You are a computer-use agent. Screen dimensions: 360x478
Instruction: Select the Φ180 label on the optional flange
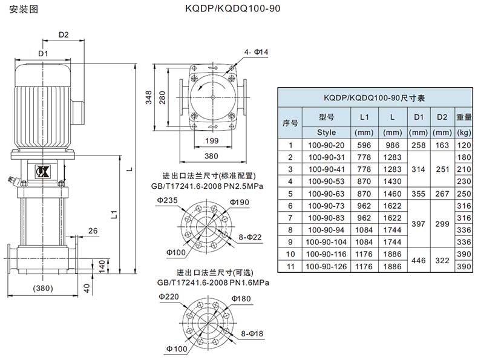point(241,299)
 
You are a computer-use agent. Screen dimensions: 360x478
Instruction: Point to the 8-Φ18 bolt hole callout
point(249,333)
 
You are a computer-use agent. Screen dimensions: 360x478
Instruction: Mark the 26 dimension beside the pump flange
point(93,231)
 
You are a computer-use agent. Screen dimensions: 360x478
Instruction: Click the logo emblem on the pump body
point(44,170)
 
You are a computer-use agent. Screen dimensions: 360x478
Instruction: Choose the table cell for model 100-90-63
point(326,194)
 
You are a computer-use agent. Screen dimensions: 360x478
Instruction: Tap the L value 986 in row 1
point(392,145)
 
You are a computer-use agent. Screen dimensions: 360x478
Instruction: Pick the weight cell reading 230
point(464,181)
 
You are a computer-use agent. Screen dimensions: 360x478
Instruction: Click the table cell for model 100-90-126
point(326,266)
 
